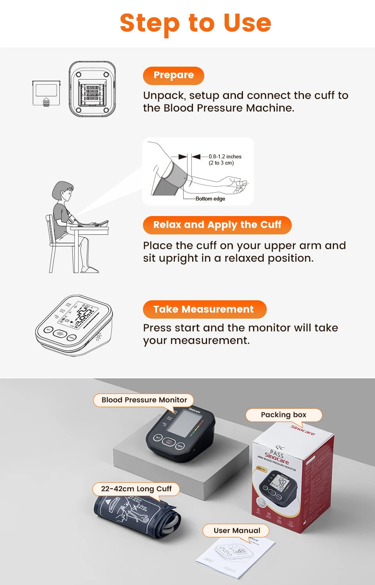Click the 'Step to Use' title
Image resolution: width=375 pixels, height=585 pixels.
[x=195, y=23]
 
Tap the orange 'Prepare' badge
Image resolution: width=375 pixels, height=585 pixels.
[x=173, y=75]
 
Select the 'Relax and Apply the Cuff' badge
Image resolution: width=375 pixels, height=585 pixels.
[x=217, y=225]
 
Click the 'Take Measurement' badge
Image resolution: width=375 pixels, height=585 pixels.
[x=204, y=309]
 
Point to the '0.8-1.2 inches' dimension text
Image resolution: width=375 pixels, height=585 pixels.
[x=225, y=156]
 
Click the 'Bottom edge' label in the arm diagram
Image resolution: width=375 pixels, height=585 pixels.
[x=210, y=199]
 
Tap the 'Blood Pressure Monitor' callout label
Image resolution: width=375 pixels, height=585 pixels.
[x=144, y=400]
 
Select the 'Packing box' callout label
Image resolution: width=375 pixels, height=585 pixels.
[x=284, y=415]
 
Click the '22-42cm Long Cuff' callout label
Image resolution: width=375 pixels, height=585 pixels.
[x=136, y=489]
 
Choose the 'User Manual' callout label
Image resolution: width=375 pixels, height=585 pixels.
[x=236, y=531]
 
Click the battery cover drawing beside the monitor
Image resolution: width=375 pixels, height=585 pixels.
[x=46, y=93]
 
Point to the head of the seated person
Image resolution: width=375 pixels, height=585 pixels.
[x=64, y=191]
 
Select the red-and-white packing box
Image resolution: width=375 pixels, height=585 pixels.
[x=293, y=480]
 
